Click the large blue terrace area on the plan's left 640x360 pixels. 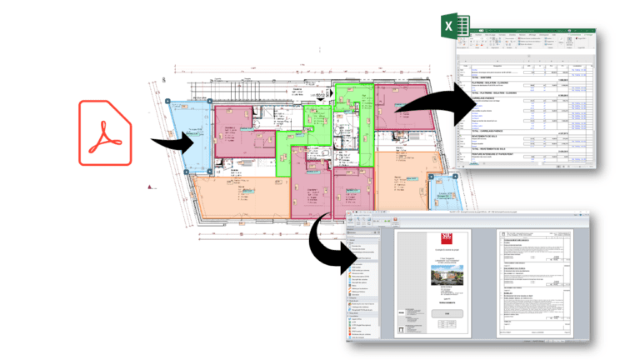click(x=187, y=137)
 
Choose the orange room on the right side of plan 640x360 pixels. click(x=408, y=179)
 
